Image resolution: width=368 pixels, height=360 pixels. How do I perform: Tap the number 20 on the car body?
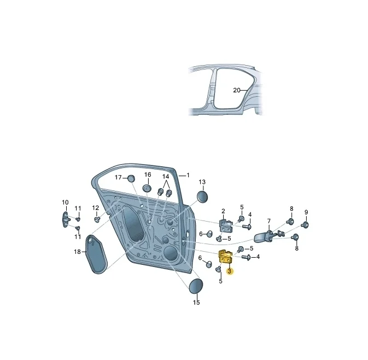(236, 90)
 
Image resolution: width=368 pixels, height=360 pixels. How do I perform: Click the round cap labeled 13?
(202, 196)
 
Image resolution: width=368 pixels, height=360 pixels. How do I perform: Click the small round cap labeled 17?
(131, 178)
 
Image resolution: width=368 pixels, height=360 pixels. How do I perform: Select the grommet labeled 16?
(147, 188)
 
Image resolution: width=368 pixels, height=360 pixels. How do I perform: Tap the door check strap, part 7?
(267, 236)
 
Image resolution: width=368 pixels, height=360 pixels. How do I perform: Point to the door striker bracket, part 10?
(66, 217)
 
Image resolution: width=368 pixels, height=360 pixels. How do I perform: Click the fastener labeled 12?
(97, 219)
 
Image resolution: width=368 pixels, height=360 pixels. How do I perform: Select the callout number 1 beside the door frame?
(188, 175)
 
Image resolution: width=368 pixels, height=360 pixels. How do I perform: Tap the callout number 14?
(166, 176)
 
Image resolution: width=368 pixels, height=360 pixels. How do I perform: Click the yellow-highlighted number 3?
(230, 271)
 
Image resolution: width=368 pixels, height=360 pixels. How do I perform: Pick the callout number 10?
(65, 202)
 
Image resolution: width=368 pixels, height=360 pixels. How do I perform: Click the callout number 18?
(77, 252)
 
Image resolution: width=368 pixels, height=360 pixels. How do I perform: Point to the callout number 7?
(269, 221)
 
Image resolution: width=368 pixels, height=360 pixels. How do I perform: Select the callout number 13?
(202, 182)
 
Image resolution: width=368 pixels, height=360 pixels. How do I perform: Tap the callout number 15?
(196, 302)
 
